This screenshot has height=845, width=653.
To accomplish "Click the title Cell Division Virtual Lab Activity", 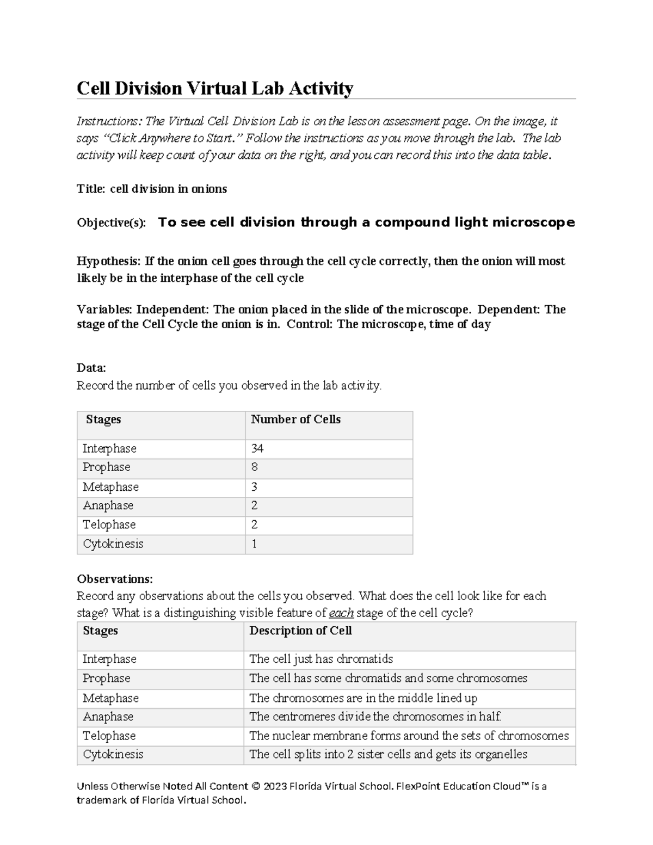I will coord(215,88).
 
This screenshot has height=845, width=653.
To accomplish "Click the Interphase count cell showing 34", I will coord(257,449).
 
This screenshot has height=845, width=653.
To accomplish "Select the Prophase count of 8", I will coord(255,467).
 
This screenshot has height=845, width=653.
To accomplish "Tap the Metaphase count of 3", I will coord(255,487).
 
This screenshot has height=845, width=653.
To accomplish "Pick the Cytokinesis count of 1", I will coord(254,544).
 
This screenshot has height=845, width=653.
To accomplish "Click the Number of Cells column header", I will coord(295,420).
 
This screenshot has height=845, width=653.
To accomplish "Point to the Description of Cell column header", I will coord(300,631).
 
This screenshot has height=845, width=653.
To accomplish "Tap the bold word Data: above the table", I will coord(91,368).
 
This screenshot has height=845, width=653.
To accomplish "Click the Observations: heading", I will coord(115,578).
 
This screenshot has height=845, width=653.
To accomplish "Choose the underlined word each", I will coord(341,613).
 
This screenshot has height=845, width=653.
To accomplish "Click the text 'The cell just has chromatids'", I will coord(321,659).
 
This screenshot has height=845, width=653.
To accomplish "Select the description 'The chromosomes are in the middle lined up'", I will coord(363,698).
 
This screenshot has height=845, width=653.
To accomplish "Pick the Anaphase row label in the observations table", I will coord(108,717).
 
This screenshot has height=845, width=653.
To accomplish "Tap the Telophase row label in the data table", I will coord(109,525).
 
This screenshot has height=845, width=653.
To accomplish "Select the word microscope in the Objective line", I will coord(533,223).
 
